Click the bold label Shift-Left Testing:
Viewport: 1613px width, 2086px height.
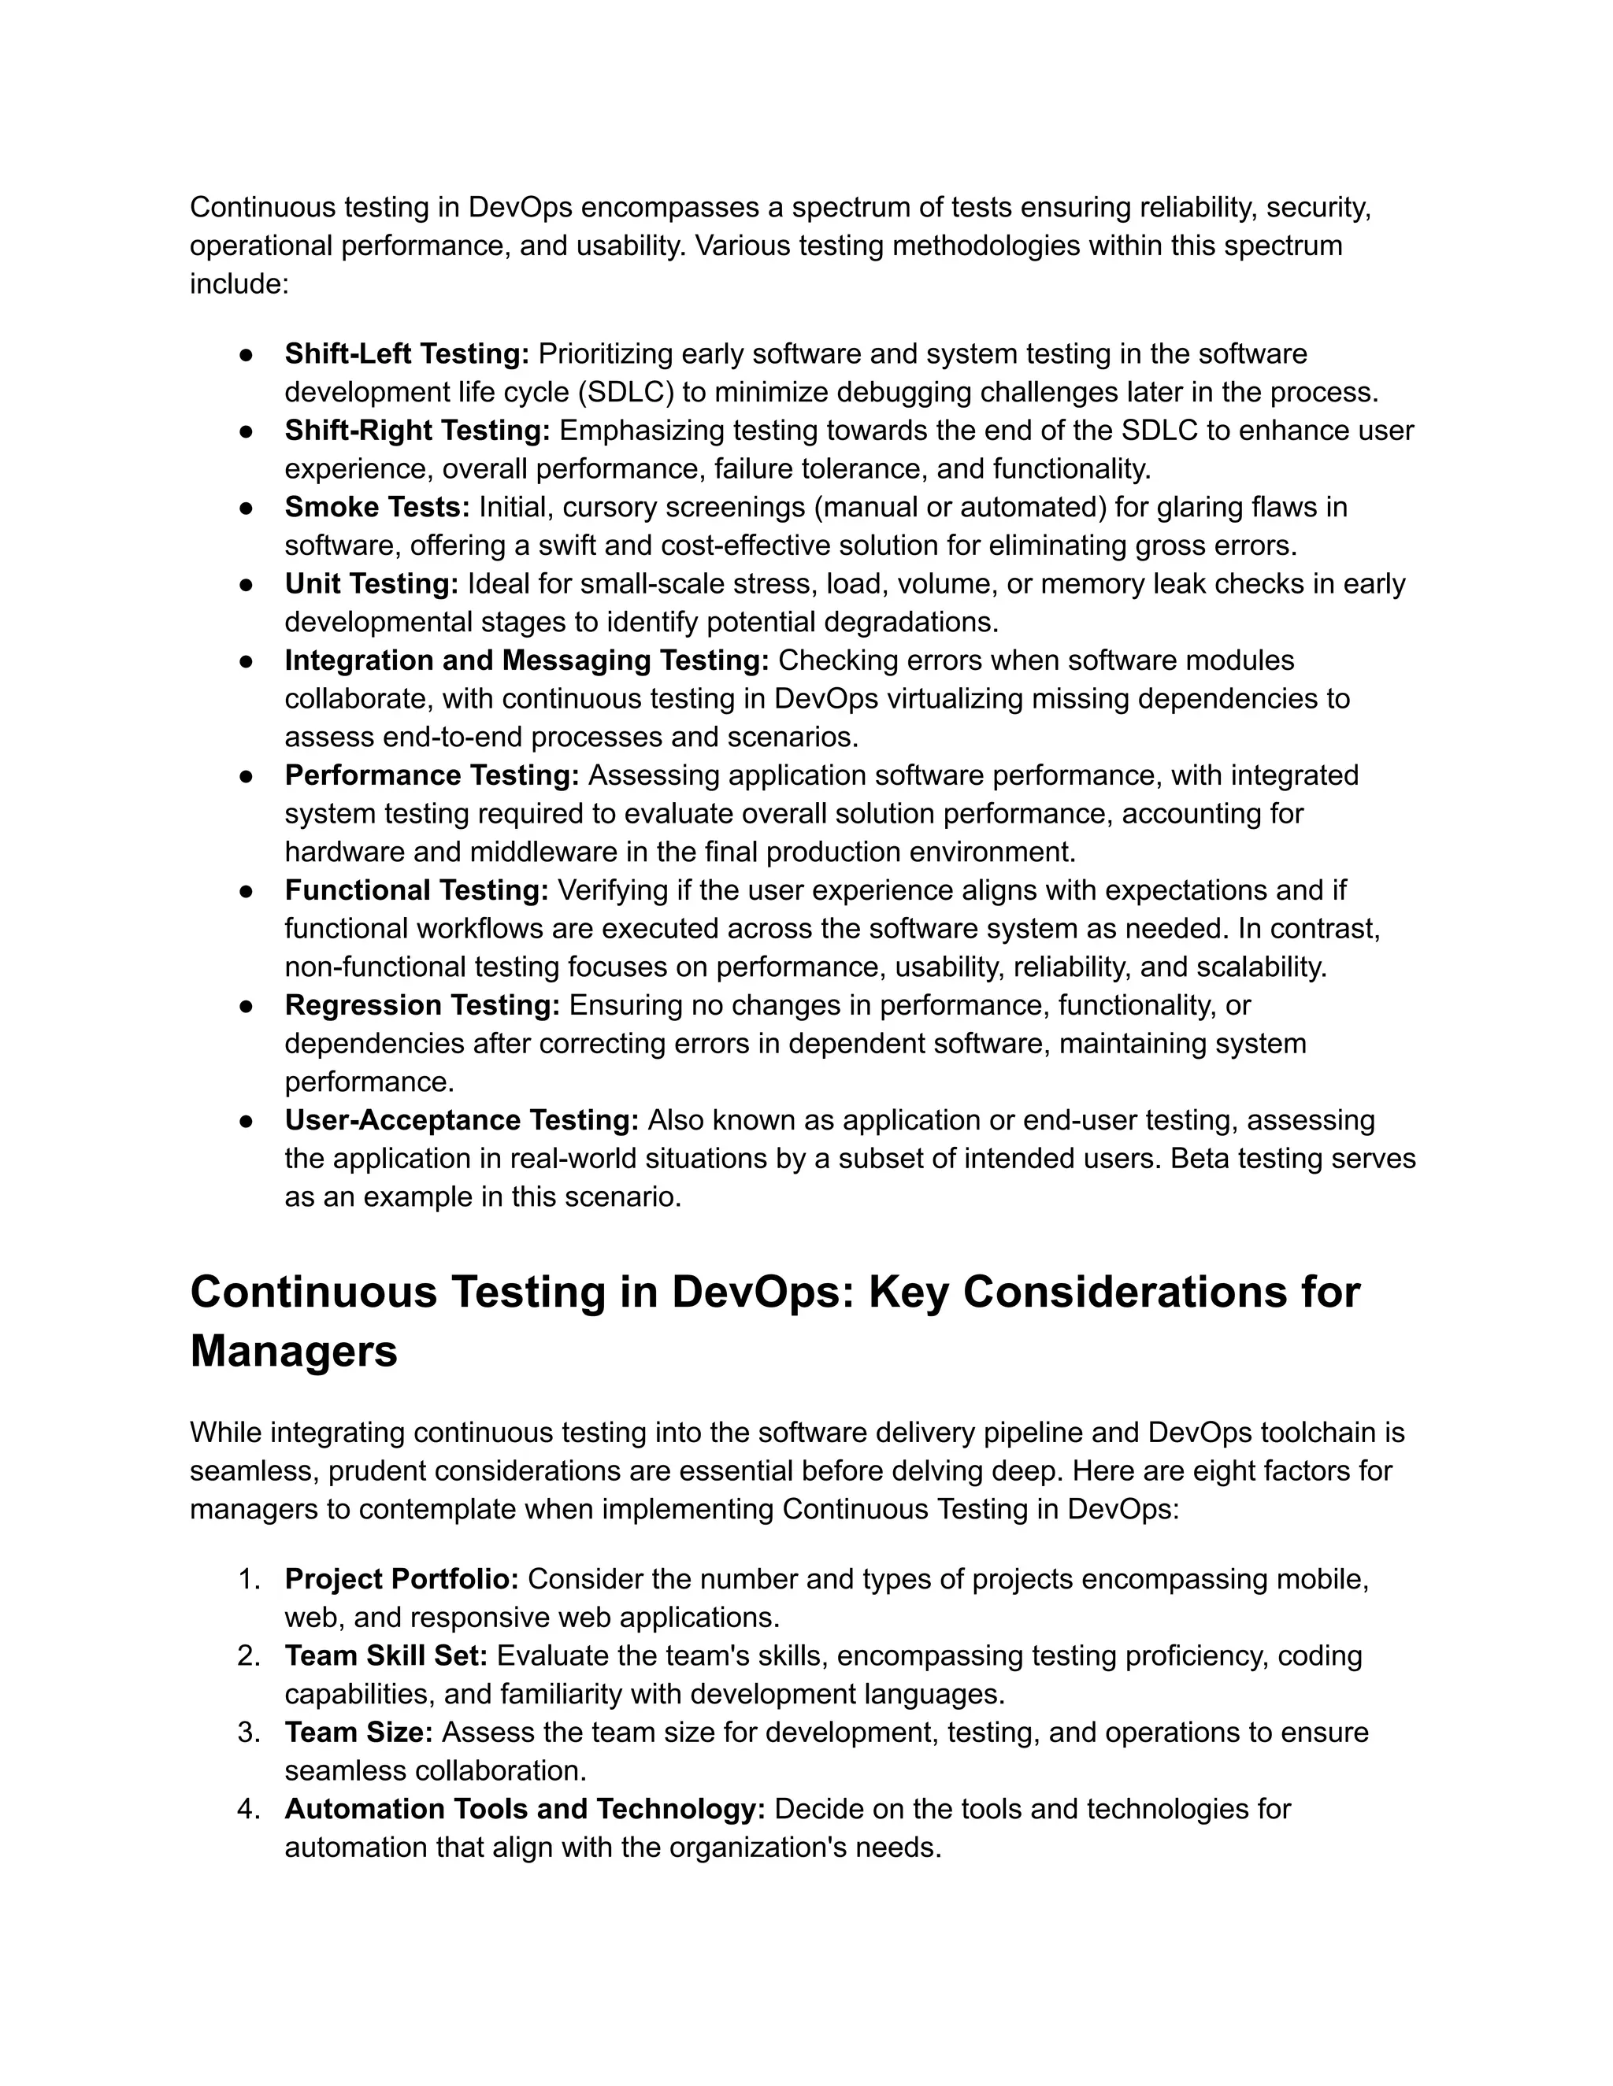pos(406,354)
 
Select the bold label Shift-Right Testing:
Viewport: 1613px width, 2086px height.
pos(417,431)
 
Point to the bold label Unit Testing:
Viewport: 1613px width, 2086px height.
pos(371,583)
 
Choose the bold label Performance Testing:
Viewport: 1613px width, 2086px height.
pos(431,775)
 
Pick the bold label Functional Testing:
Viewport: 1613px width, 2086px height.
pos(416,890)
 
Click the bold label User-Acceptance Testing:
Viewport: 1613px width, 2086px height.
pos(462,1119)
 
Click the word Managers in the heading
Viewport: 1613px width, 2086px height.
pos(293,1352)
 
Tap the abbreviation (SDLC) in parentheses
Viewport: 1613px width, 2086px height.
pos(626,393)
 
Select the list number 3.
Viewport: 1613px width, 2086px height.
pos(247,1733)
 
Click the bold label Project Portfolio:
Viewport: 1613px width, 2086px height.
pos(402,1579)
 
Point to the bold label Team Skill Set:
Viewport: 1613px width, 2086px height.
pos(386,1655)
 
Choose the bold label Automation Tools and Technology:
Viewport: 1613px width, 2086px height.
pos(525,1809)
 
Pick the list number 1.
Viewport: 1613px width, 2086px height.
pos(247,1579)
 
